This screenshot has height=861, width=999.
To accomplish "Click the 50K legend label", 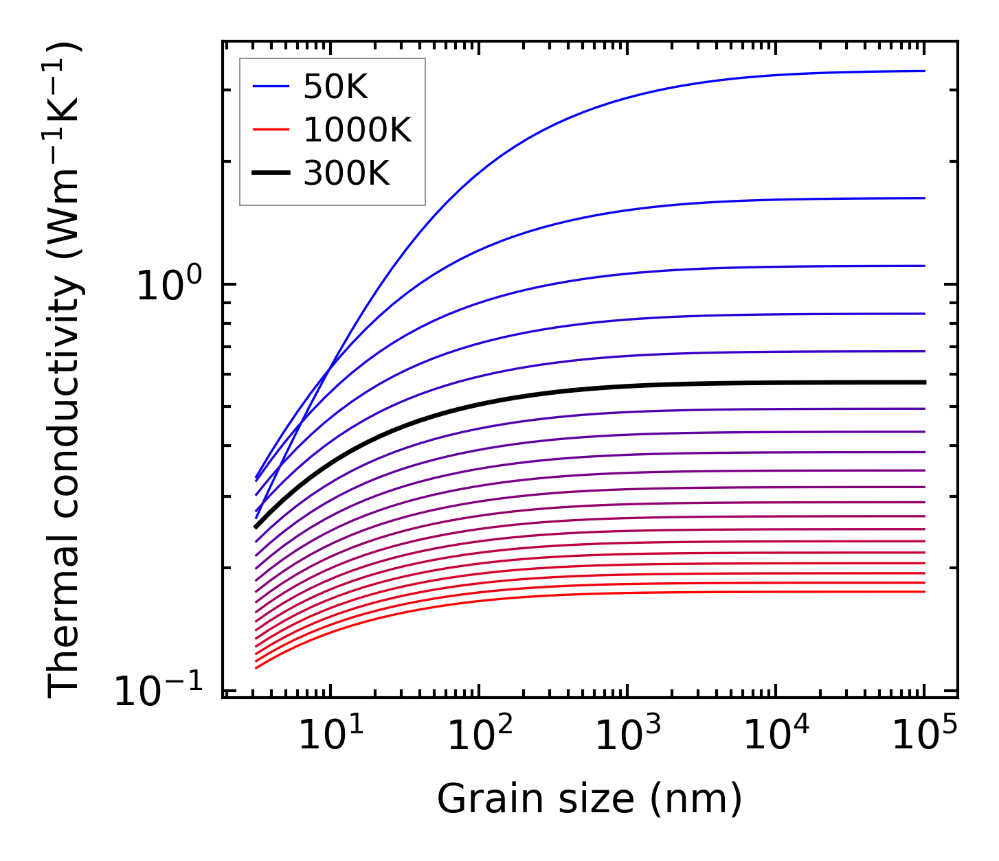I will click(335, 87).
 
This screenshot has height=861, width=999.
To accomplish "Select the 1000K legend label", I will click(357, 130).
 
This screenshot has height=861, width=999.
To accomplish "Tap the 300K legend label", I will click(346, 174).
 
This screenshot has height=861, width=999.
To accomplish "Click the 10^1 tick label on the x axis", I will click(330, 736).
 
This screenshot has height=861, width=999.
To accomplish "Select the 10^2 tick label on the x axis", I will click(479, 736).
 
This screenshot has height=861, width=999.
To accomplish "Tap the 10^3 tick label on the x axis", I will click(627, 736).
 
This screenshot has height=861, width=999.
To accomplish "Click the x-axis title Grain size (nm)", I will click(590, 799).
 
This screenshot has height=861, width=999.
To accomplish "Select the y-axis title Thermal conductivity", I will click(66, 371).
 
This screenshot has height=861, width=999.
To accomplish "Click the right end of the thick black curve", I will click(924, 382).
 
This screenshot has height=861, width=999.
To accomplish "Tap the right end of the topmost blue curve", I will click(924, 71).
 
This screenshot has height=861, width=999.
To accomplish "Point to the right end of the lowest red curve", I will click(924, 591).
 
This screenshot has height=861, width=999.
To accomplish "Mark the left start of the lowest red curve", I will click(256, 667).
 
